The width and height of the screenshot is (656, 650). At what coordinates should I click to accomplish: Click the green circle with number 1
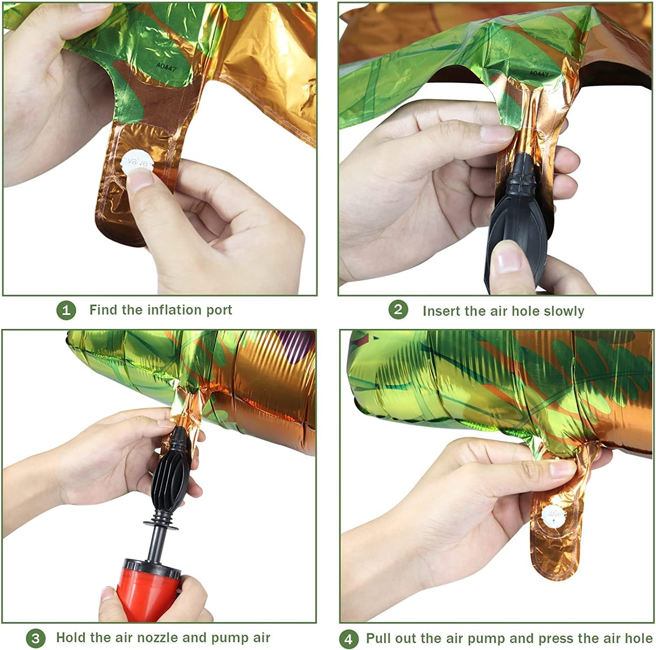66,311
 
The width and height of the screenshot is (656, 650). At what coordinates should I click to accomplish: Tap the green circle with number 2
398,310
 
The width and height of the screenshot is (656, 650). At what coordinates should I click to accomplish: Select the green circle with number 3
35,639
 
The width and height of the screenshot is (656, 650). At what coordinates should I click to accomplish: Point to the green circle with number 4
349,640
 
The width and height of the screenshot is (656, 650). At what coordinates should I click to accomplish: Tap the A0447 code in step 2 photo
539,73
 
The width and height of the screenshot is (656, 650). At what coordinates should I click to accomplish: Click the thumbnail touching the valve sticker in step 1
141,180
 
